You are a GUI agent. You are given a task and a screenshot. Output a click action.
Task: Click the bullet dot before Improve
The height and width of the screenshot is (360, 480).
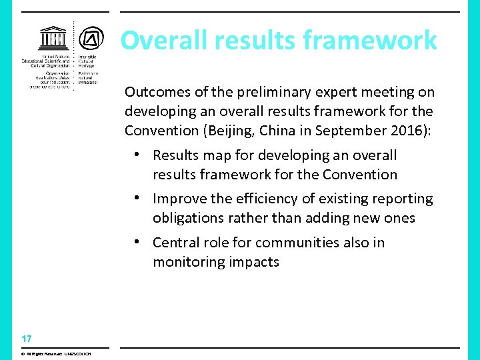[x=135, y=198]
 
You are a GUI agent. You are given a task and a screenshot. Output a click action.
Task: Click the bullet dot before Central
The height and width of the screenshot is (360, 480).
[x=135, y=242]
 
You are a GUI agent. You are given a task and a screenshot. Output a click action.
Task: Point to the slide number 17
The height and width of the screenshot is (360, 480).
[x=26, y=339]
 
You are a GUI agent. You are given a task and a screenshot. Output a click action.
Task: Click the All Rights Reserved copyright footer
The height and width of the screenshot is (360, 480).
[x=55, y=353]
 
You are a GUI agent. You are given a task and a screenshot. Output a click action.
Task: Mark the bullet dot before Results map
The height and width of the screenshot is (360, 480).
[x=135, y=155]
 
